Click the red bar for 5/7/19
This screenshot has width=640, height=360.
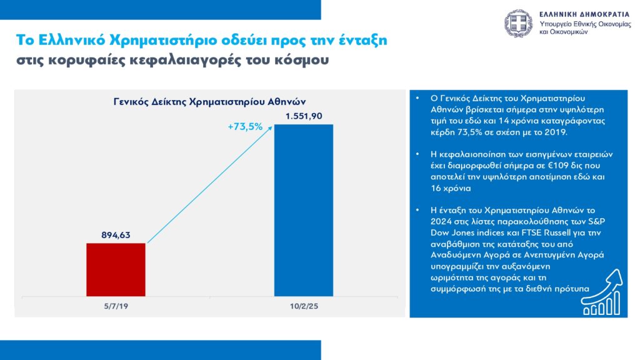tap(116, 269)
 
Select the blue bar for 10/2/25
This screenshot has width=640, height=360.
tap(304, 210)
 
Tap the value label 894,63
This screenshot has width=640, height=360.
tap(116, 236)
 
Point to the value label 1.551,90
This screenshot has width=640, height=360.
tap(304, 117)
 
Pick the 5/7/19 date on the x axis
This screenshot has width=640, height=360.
tap(116, 306)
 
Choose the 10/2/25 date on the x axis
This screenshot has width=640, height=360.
tap(304, 306)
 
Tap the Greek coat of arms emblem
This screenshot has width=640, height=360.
tap(518, 23)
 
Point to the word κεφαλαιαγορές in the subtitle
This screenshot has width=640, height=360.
tap(206, 61)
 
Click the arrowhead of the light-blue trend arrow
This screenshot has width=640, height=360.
tap(271, 127)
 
